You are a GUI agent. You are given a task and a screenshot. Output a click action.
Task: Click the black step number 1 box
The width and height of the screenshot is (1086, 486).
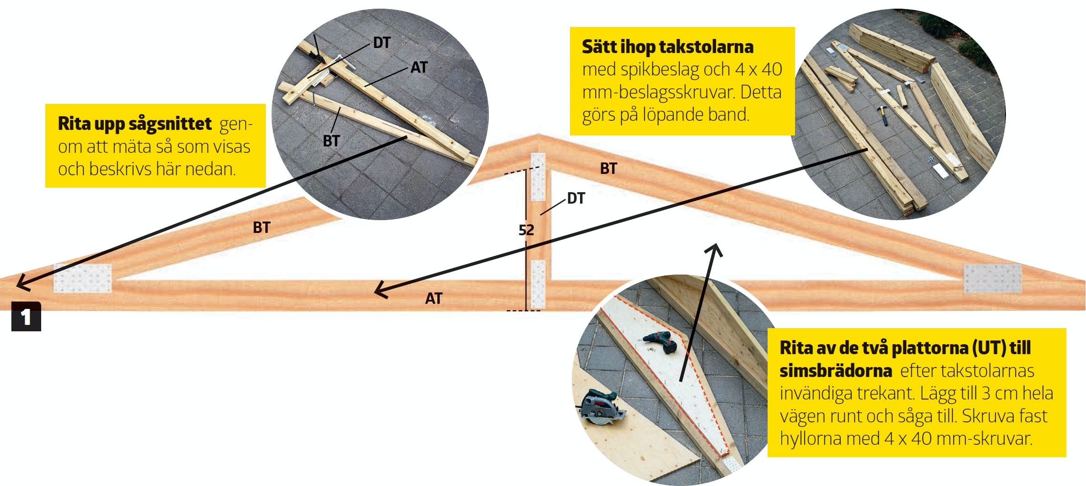click(x=26, y=316)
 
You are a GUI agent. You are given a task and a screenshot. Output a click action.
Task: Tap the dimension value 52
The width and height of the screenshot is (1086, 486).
click(x=526, y=230)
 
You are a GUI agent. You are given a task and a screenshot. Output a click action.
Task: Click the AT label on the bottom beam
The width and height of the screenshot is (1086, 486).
click(x=434, y=298)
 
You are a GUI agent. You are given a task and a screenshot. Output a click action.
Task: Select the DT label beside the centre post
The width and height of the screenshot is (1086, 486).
click(x=576, y=198)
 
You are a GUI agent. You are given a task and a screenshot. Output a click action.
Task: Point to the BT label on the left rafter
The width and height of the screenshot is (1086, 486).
click(x=262, y=227)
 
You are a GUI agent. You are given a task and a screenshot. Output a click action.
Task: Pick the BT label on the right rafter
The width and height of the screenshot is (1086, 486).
click(x=608, y=168)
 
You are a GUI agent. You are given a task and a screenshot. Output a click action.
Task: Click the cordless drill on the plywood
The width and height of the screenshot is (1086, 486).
click(x=661, y=342)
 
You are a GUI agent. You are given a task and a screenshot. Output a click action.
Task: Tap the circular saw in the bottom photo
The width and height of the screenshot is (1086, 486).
click(x=600, y=407)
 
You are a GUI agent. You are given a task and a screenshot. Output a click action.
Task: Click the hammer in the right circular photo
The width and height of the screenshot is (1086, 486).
click(x=883, y=114)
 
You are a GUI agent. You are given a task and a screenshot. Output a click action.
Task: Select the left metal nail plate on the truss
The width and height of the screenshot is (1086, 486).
click(x=82, y=278)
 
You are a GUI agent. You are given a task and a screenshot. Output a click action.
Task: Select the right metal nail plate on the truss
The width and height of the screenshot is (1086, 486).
click(x=992, y=278)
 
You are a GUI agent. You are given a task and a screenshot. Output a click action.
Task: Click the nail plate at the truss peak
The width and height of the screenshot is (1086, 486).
click(x=538, y=177)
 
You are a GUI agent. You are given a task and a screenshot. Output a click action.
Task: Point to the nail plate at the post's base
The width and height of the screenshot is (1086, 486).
click(x=538, y=284)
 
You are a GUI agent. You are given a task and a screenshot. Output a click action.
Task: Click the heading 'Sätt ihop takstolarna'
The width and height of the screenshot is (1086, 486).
click(x=667, y=47)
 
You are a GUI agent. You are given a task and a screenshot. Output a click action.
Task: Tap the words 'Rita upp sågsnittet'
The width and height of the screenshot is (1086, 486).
click(x=134, y=124)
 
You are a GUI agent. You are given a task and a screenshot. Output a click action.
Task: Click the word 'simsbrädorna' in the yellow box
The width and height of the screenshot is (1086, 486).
click(x=836, y=371)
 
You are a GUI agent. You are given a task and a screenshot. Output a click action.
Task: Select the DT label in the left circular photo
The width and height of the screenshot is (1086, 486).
click(x=382, y=43)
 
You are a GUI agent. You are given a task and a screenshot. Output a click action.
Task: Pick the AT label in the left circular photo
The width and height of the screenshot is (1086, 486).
click(x=419, y=67)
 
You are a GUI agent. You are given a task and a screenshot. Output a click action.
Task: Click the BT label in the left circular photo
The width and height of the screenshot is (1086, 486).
click(x=331, y=141)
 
